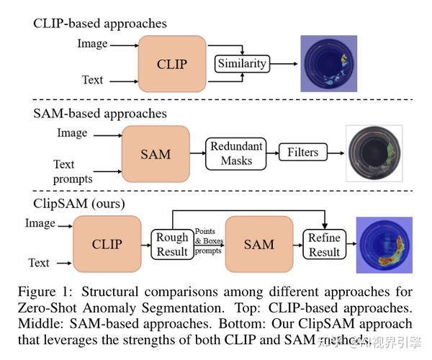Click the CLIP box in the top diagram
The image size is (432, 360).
click(x=171, y=64)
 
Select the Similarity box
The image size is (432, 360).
click(x=243, y=64)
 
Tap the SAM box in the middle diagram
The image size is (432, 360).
click(x=155, y=153)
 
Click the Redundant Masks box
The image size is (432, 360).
click(x=235, y=153)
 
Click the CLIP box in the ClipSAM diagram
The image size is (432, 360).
click(x=106, y=244)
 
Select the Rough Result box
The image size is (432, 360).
click(x=172, y=245)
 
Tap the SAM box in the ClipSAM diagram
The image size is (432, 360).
click(x=259, y=244)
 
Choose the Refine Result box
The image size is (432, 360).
click(x=324, y=245)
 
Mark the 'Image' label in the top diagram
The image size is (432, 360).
click(x=92, y=45)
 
